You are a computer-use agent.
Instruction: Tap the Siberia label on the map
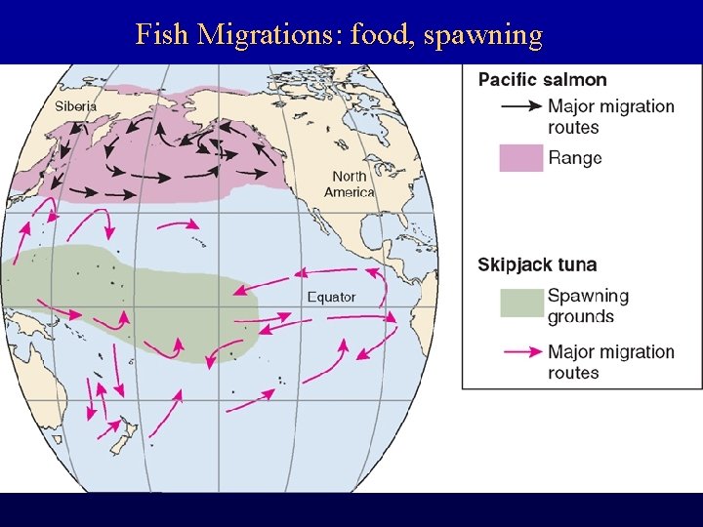click(x=75, y=105)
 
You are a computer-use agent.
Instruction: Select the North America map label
click(x=350, y=183)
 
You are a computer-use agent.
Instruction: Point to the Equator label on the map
click(x=331, y=297)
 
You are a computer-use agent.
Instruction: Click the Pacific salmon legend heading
click(x=542, y=80)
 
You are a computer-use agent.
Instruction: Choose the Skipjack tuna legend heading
click(x=536, y=264)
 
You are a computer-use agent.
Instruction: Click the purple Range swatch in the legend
click(x=520, y=157)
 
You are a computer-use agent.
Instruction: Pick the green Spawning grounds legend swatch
click(x=520, y=304)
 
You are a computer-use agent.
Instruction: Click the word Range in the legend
click(x=574, y=157)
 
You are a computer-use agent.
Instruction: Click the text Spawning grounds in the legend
click(x=587, y=305)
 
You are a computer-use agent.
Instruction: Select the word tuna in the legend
click(x=576, y=264)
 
